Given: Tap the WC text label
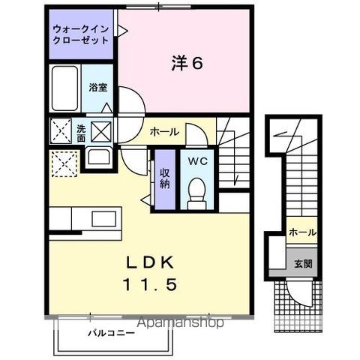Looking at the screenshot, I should pos(197,160).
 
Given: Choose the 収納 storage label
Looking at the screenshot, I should pos(163,178).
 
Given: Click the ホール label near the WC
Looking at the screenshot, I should pos(164,132).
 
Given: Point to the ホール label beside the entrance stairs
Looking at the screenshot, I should pos(301,232).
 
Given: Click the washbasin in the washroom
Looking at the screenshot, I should pos(98,158).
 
